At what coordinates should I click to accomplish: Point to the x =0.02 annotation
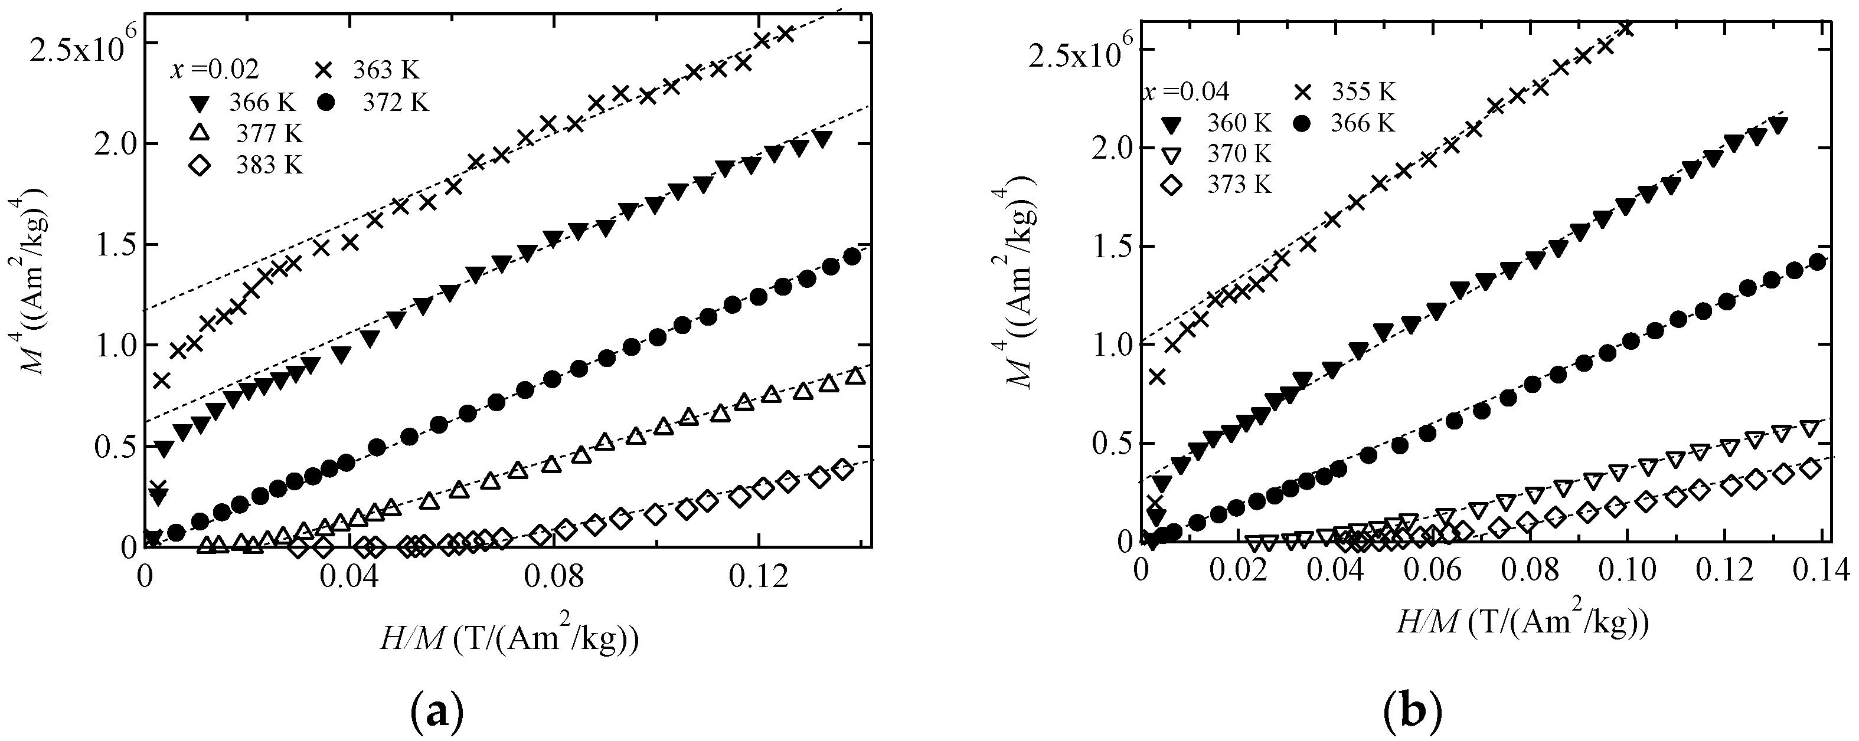pyautogui.click(x=214, y=71)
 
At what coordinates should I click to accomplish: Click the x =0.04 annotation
pyautogui.click(x=1185, y=93)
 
